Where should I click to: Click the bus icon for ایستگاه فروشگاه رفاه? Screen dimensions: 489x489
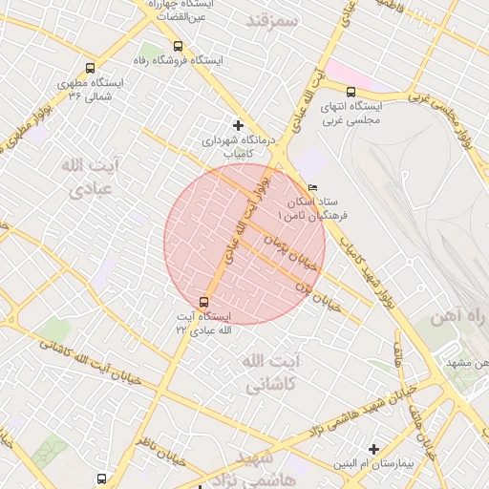tap(178, 46)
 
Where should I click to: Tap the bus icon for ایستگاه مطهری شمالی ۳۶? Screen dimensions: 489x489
tap(90, 69)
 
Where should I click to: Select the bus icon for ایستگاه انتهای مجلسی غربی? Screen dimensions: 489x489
tap(351, 92)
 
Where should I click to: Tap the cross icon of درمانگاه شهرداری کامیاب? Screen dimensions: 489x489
tap(238, 125)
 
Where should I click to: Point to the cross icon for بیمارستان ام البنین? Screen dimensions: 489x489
tap(373, 448)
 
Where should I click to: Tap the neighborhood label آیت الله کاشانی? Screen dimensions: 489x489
tap(271, 373)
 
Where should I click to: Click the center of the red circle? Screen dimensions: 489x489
tap(244, 244)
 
